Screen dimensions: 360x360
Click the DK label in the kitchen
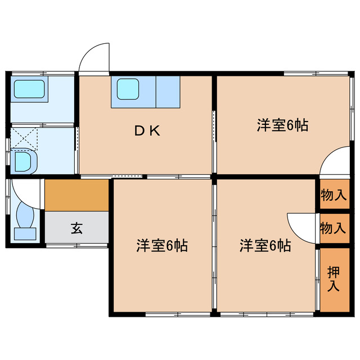(148, 132)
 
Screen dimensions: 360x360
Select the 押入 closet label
(334, 280)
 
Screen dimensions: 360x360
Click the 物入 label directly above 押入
(333, 228)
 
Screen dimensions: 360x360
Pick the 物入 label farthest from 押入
(333, 195)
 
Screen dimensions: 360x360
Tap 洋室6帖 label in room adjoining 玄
(162, 246)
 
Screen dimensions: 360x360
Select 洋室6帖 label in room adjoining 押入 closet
(265, 246)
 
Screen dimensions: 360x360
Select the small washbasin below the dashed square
(24, 163)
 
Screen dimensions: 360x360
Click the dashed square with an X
(24, 138)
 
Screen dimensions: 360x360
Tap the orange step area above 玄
(76, 195)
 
